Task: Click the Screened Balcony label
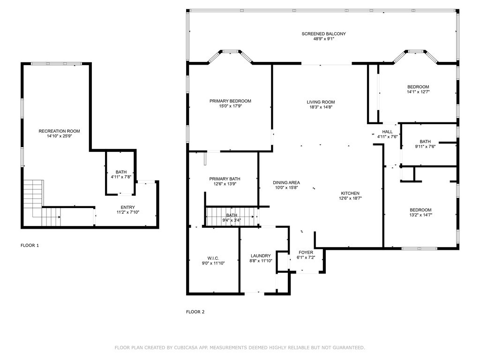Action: [323, 34]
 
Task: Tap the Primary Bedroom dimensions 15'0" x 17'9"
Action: [230, 106]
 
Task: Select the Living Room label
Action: [321, 102]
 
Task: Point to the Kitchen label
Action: [350, 193]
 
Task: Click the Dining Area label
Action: [286, 183]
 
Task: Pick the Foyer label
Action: [306, 253]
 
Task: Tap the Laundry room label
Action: [261, 256]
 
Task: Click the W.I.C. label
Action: [213, 258]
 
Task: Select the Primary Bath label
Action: [225, 179]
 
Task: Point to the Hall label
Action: [387, 132]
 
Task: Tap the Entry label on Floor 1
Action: [127, 207]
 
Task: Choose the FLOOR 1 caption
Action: [30, 245]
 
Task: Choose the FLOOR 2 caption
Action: [195, 312]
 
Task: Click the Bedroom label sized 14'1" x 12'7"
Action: [418, 87]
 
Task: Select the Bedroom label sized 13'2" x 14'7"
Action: [420, 210]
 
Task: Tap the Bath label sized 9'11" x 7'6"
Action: [425, 142]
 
